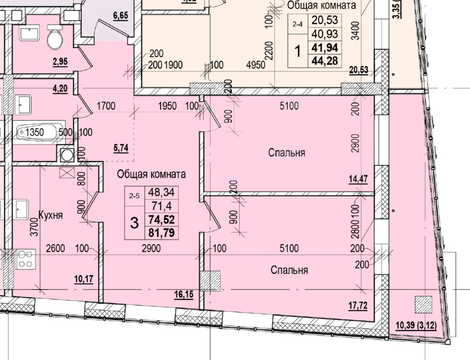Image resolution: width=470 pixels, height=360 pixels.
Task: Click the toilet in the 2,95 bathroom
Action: click(x=55, y=37)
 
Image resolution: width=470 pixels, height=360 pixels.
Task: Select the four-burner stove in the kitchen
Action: click(x=25, y=259)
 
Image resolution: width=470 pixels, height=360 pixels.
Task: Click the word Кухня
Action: click(x=51, y=215)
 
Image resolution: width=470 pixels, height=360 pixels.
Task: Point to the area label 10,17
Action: click(x=84, y=279)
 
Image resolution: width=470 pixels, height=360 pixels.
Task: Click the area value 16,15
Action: click(x=184, y=294)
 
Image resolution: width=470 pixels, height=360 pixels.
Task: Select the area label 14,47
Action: click(x=358, y=179)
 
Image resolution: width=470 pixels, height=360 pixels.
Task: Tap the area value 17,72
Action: click(x=358, y=306)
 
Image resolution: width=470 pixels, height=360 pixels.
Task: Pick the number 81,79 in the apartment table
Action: click(x=161, y=232)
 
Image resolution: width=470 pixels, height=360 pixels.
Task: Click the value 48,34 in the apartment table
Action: click(x=161, y=192)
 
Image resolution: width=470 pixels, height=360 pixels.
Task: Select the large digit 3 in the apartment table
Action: click(x=135, y=223)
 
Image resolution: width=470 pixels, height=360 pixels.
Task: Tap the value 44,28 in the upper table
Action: click(x=325, y=61)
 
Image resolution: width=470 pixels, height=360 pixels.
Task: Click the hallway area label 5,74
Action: click(x=121, y=148)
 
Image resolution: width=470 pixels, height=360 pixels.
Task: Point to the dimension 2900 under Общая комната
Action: click(x=151, y=248)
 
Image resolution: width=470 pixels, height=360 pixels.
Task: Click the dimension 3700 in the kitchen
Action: click(x=35, y=227)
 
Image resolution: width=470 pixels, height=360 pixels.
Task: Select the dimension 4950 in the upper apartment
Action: click(x=256, y=65)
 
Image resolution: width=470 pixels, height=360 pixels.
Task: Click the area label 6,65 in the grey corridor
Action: click(x=120, y=15)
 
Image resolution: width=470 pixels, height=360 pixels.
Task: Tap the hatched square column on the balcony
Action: click(x=423, y=304)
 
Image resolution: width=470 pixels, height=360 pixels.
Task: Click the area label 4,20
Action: click(x=60, y=89)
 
